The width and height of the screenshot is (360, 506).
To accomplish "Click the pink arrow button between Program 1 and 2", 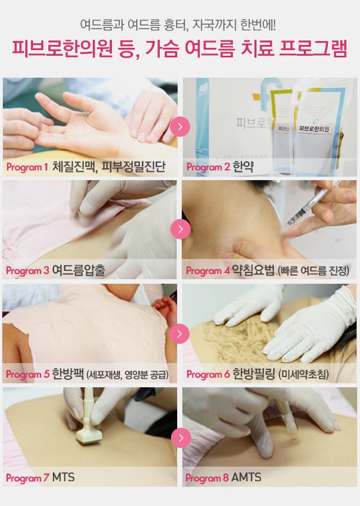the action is click(x=180, y=127).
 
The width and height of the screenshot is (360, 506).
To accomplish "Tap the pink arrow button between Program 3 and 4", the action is click(x=181, y=229).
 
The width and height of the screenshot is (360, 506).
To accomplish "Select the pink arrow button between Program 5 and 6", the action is click(x=179, y=333).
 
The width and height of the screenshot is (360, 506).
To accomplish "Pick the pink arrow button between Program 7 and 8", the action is click(x=181, y=437).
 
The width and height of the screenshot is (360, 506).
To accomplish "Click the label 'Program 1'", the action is click(x=27, y=167).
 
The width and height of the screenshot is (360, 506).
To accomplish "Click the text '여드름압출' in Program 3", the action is click(x=79, y=270).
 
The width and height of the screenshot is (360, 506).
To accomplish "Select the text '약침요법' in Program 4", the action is click(x=254, y=270).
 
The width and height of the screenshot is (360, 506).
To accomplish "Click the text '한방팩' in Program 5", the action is click(x=68, y=374).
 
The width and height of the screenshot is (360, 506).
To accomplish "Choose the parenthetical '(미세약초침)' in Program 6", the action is click(x=304, y=374).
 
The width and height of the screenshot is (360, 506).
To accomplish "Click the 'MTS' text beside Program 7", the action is click(x=63, y=477).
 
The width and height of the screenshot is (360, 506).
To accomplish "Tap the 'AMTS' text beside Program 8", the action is click(x=246, y=477).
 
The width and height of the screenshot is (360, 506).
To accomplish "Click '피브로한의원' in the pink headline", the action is click(x=62, y=49).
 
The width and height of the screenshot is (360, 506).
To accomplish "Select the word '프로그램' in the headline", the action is click(x=313, y=49).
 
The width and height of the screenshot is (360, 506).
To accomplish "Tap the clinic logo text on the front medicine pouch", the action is click(x=314, y=129).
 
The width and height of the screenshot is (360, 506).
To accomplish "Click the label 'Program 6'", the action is click(x=208, y=374).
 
